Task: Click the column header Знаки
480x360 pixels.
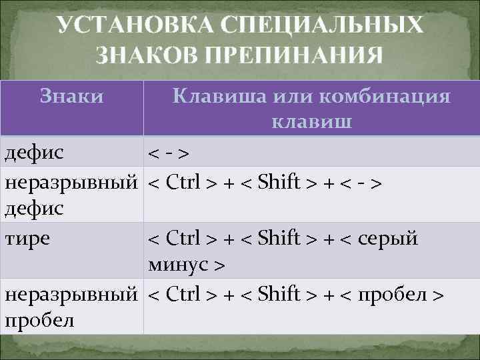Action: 71,97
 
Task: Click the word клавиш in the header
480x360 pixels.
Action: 312,123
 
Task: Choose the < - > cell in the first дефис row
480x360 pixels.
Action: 167,154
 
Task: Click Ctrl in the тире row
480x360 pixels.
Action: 179,239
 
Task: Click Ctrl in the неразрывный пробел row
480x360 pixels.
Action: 179,294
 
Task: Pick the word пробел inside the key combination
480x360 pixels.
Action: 393,294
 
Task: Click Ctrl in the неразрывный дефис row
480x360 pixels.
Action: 179,181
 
